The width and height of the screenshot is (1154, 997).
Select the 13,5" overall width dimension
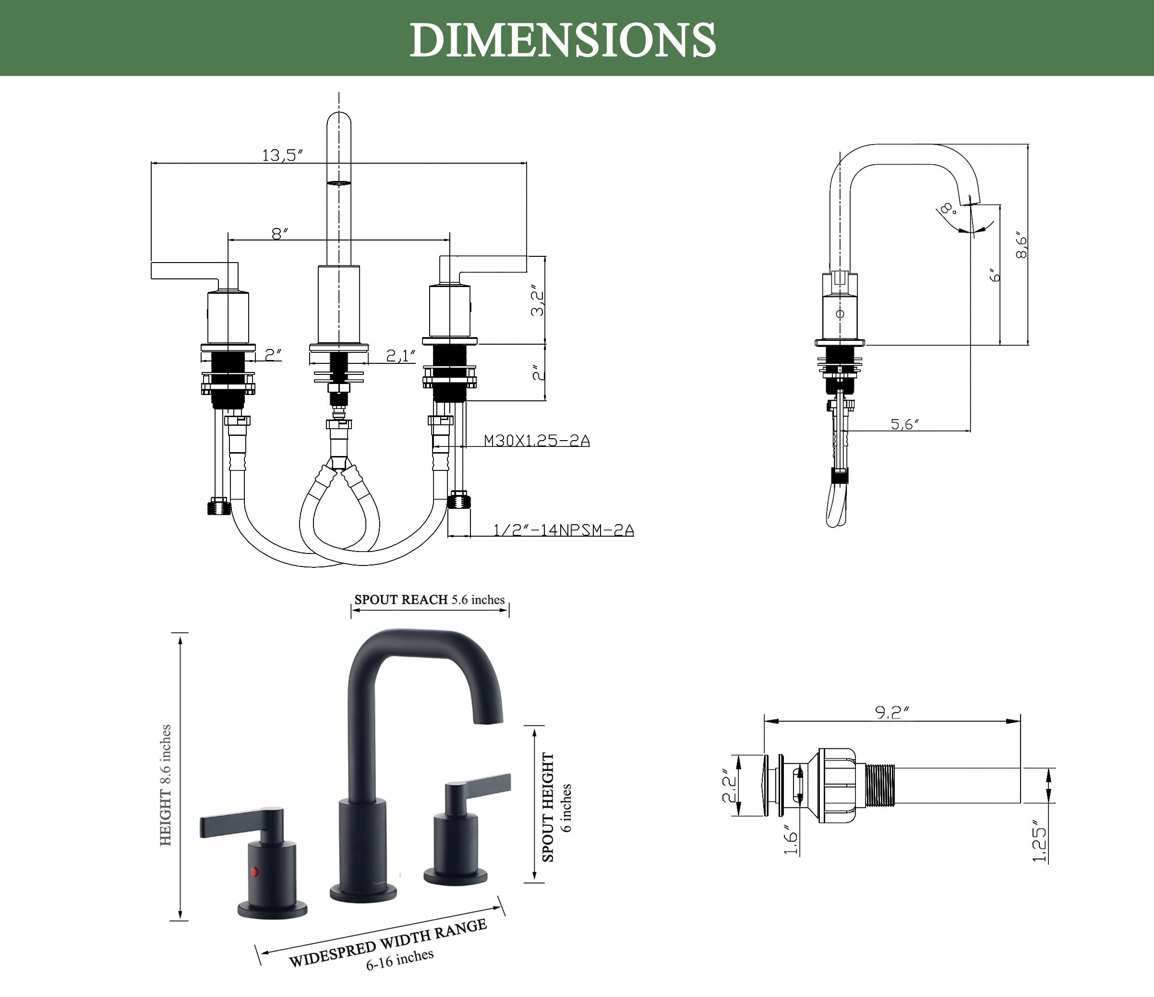pos(282,155)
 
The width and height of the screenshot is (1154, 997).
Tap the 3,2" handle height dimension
pos(538,302)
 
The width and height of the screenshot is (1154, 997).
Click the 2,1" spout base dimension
pos(401,355)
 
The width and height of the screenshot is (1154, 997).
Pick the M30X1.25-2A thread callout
pos(536,441)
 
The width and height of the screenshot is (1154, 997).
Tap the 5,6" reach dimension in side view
pos(904,424)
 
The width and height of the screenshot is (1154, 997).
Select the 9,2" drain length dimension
pos(892,712)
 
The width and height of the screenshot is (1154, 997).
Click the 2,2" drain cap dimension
pos(730,785)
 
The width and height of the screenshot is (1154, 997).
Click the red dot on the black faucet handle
pos(254,871)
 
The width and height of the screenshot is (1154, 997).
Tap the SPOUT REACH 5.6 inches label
pos(430,600)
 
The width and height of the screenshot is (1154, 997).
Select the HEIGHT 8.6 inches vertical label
pos(166,785)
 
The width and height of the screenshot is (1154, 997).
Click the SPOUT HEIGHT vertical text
pos(549,807)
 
